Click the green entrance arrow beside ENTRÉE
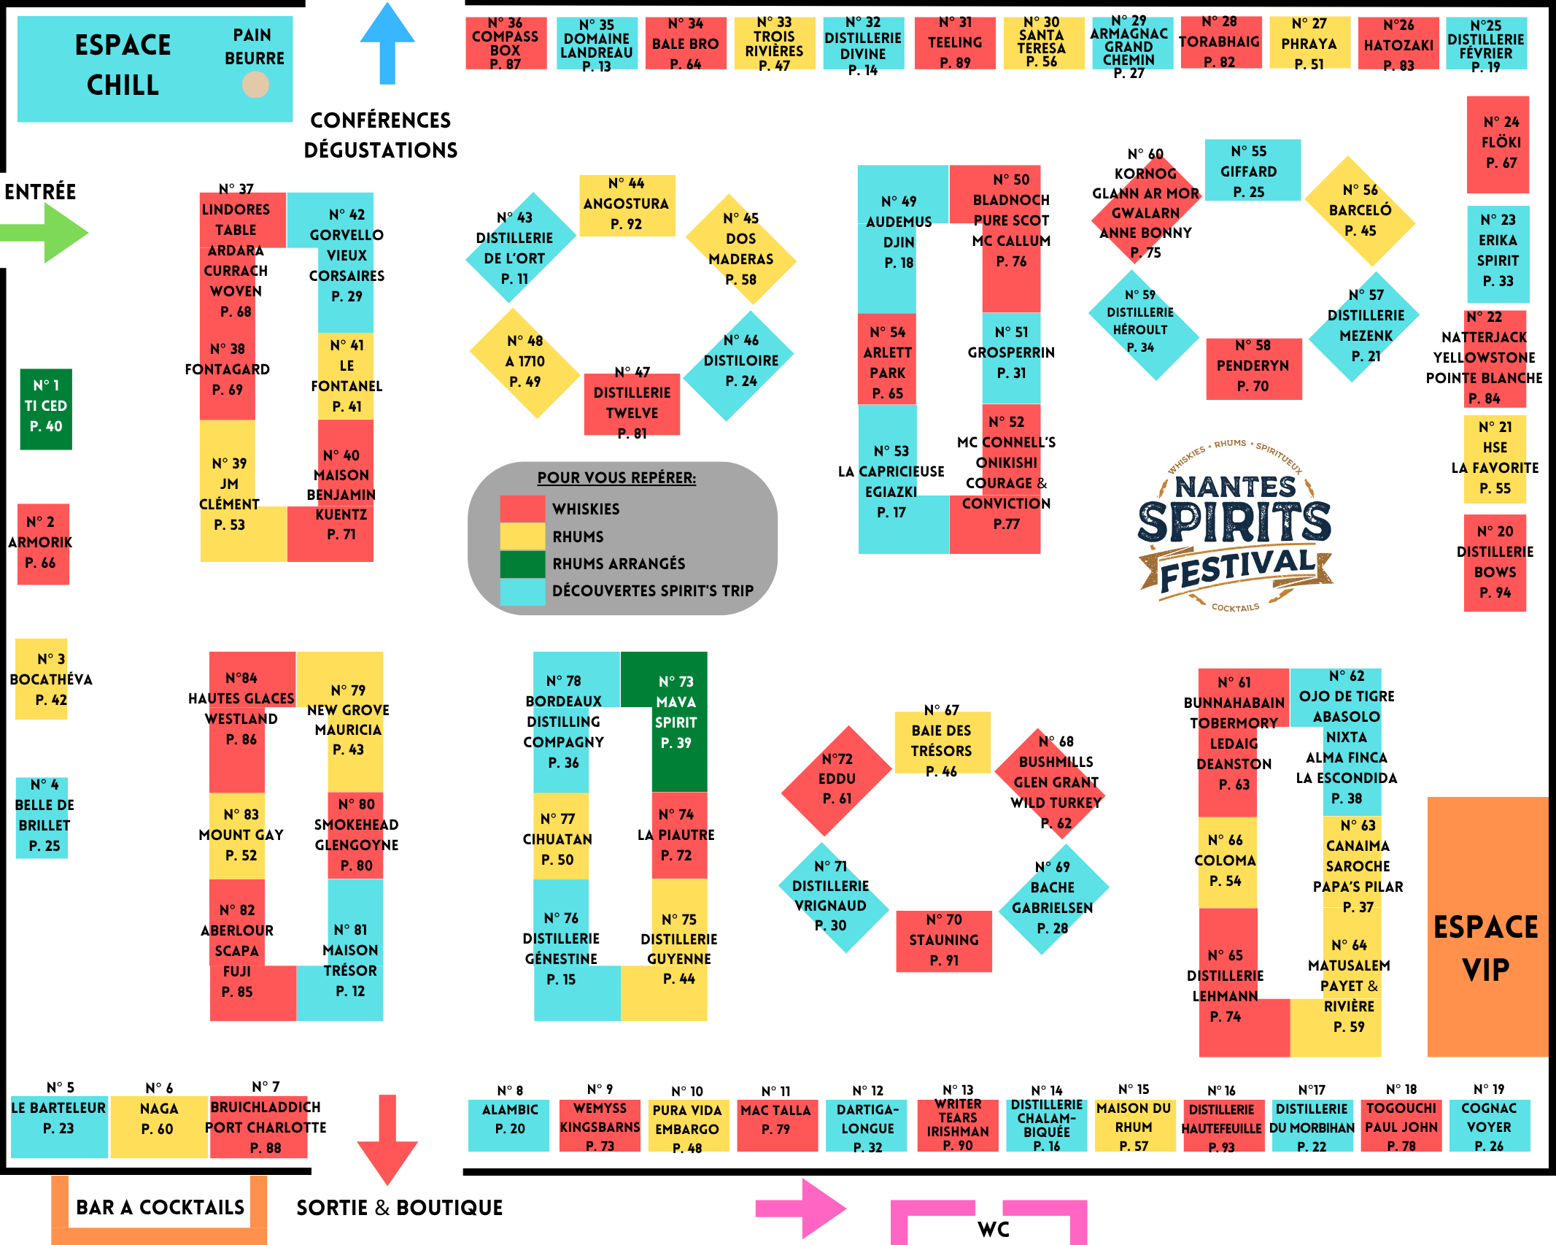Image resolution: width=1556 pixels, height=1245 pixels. [x=51, y=233]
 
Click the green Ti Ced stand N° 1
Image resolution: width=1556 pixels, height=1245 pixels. [x=46, y=408]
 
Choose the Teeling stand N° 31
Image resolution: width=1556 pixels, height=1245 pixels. [x=955, y=43]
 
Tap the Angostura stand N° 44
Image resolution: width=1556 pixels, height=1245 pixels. [x=627, y=205]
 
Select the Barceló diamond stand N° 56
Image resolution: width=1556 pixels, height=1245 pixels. [x=1360, y=211]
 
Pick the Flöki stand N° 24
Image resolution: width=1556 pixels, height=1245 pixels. [x=1498, y=144]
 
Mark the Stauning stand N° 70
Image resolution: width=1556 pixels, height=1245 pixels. [x=943, y=941]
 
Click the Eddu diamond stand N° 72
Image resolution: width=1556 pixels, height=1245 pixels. [x=837, y=780]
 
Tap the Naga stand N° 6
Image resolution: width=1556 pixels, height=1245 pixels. [x=158, y=1125]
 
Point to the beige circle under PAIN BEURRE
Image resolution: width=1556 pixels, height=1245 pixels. [x=255, y=85]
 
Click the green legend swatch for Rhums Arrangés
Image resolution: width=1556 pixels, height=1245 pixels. [x=522, y=564]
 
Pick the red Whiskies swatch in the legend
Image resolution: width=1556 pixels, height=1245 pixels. [x=522, y=509]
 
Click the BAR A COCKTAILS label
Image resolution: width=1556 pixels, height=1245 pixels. [x=160, y=1208]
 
